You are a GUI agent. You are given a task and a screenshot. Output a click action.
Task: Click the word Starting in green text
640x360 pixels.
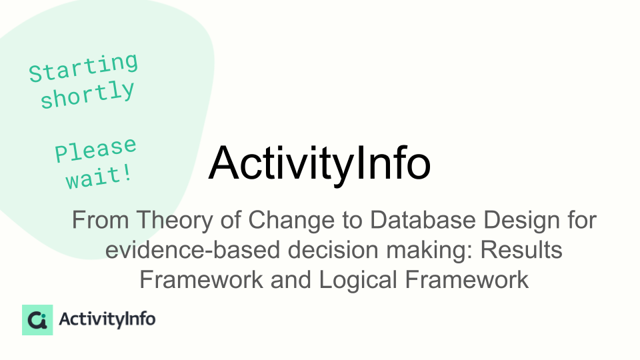point(84,67)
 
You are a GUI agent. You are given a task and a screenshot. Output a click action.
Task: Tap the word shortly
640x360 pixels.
point(87,94)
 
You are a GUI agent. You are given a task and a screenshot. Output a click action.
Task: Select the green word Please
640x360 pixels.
point(95,149)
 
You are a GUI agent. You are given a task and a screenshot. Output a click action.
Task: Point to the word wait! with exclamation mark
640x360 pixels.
point(99,177)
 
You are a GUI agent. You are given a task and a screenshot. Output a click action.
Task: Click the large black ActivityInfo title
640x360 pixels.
point(319,163)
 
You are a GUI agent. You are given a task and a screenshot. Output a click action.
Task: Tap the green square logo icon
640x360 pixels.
point(37,320)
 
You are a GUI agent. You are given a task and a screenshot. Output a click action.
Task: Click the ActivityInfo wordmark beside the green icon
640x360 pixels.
point(107,319)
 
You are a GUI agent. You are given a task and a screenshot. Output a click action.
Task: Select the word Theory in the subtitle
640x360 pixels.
point(174,221)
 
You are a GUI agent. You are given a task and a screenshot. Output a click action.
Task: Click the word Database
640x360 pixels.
point(423,220)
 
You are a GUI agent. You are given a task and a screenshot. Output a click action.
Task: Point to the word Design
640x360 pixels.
point(521,221)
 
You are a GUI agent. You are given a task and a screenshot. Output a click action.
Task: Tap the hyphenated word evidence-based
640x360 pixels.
point(193,250)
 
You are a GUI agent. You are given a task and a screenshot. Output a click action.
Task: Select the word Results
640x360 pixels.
point(521,250)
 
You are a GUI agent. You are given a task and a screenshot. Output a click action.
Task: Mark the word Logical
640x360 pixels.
point(358,280)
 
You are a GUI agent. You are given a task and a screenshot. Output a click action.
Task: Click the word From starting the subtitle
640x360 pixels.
point(101,220)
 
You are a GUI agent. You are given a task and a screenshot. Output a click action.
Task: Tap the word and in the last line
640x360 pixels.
point(291,280)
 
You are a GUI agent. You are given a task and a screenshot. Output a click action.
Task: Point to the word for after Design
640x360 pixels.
point(582,220)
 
